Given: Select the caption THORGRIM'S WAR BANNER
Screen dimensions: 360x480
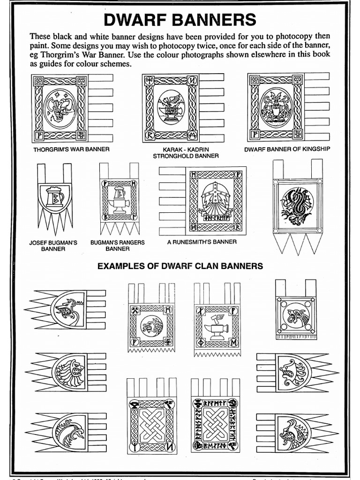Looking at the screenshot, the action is click(x=71, y=150).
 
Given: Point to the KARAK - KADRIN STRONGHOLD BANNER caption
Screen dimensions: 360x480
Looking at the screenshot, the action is click(x=180, y=153).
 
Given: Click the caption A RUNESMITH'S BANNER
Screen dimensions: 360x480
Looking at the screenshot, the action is click(x=202, y=242).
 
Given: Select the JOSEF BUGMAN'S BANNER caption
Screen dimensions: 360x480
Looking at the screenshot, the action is click(x=53, y=246).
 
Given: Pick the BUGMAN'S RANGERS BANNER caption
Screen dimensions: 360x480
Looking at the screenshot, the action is click(x=117, y=246).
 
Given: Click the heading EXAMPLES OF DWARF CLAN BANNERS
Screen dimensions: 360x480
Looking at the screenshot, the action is click(x=180, y=266).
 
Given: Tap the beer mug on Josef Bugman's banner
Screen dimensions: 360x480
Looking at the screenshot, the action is click(x=54, y=197).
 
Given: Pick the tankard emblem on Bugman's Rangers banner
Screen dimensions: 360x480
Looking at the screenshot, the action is click(x=118, y=201).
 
